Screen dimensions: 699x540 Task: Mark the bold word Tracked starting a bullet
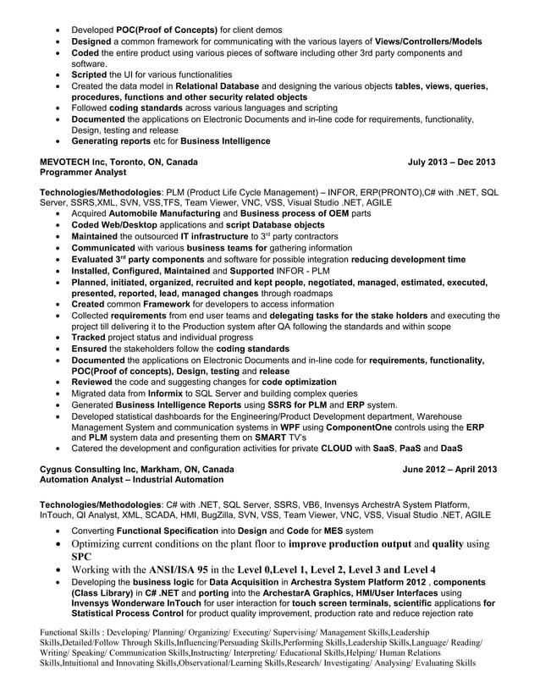[x=91, y=338]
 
